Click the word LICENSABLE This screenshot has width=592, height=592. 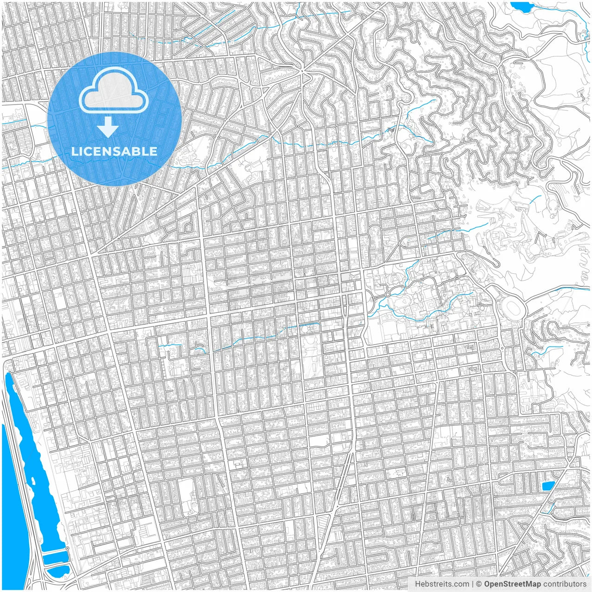[x=114, y=151]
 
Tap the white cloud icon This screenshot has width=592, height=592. [x=113, y=92]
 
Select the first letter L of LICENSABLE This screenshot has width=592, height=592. [x=74, y=151]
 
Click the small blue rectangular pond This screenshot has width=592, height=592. [x=548, y=486]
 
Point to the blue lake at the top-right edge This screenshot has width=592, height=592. [x=521, y=7]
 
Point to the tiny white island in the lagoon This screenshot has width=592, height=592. [x=34, y=481]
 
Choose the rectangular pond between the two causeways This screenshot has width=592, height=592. [x=55, y=557]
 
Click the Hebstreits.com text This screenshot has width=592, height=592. [x=442, y=584]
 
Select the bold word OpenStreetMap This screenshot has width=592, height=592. [x=512, y=584]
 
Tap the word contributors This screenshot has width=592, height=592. [x=565, y=584]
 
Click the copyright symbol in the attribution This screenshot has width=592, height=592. [x=479, y=584]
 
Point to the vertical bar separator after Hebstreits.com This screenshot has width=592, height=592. [x=472, y=584]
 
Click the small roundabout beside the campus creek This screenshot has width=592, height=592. [x=388, y=295]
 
